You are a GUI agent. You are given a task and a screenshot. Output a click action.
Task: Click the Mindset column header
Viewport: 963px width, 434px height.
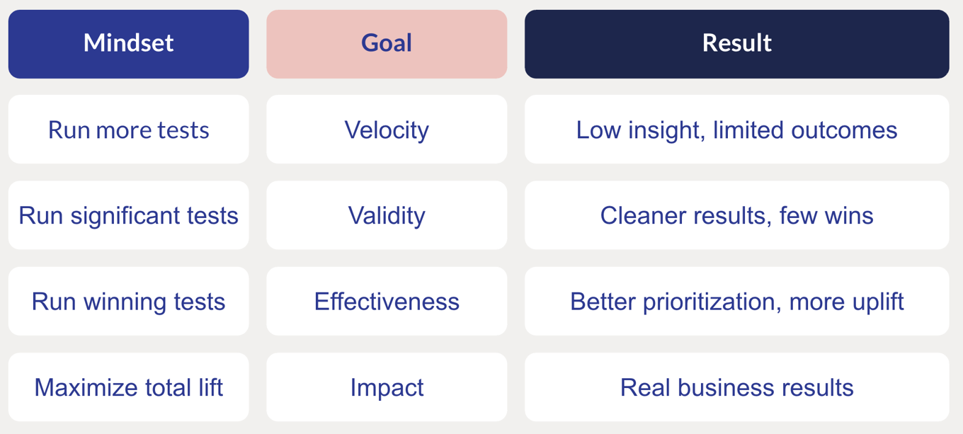[x=129, y=44]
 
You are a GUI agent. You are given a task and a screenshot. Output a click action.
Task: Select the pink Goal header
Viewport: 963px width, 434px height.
[x=387, y=44]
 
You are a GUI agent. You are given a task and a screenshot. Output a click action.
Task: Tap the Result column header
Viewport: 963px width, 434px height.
[x=737, y=44]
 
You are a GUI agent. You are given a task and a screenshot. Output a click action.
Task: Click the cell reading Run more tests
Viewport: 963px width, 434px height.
[x=129, y=130]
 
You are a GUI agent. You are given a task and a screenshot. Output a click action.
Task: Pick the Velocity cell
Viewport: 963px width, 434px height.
[x=387, y=130]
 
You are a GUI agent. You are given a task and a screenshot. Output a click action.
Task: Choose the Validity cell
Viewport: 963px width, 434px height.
[x=387, y=215]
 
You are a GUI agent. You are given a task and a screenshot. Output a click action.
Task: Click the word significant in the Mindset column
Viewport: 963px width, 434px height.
[x=125, y=216]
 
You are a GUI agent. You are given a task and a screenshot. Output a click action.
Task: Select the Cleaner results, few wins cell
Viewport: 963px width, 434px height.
[x=737, y=215]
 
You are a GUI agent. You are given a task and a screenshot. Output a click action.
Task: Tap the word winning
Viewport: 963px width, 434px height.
[x=124, y=302]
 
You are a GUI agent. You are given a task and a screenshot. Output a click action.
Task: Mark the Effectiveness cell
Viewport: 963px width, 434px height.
[x=387, y=301]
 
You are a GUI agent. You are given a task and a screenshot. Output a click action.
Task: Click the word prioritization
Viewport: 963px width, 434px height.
[x=712, y=302]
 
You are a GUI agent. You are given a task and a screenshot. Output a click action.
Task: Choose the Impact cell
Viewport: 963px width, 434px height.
[x=387, y=387]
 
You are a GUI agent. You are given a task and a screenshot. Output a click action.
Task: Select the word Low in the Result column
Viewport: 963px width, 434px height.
[x=598, y=130]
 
